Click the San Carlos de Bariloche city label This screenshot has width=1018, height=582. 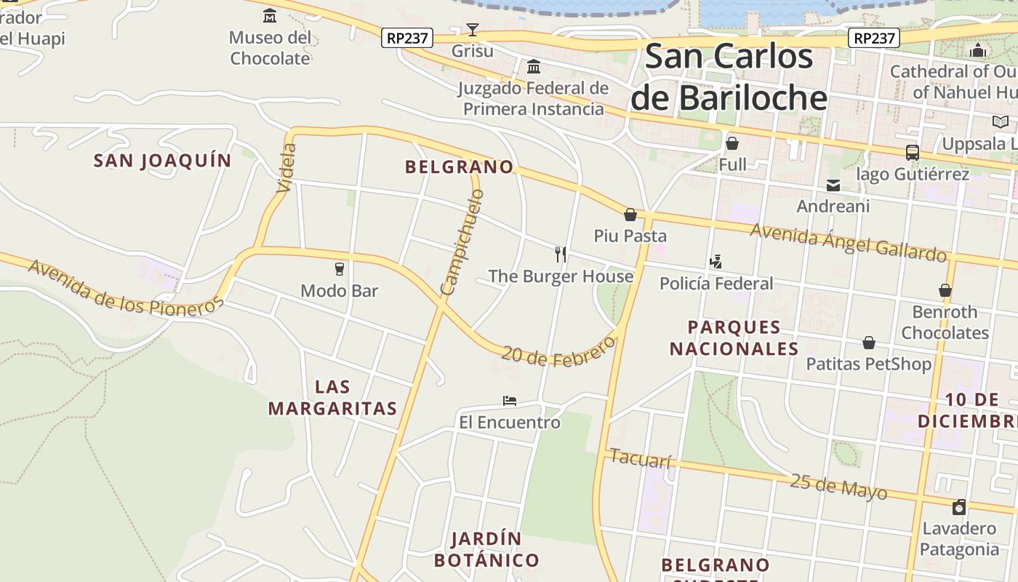pyautogui.click(x=729, y=77)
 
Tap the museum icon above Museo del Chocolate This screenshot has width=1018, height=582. pyautogui.click(x=270, y=15)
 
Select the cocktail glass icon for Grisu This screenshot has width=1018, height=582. pyautogui.click(x=473, y=30)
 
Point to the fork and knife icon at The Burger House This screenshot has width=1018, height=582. pyautogui.click(x=561, y=254)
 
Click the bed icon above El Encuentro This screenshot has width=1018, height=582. pyautogui.click(x=510, y=401)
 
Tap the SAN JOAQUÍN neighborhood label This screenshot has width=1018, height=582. pyautogui.click(x=162, y=161)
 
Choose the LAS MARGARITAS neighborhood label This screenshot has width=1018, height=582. pyautogui.click(x=333, y=397)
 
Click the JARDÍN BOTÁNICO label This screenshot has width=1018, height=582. pyautogui.click(x=486, y=550)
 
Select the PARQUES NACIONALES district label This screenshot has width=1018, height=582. pyautogui.click(x=734, y=338)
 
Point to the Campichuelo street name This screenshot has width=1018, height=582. pyautogui.click(x=462, y=242)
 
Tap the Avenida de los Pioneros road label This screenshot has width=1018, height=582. pyautogui.click(x=125, y=288)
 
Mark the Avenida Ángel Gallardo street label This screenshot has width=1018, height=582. pyautogui.click(x=849, y=242)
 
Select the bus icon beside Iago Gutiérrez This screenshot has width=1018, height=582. pyautogui.click(x=912, y=153)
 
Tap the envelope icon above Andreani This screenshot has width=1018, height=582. pyautogui.click(x=833, y=186)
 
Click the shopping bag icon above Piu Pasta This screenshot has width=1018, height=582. pyautogui.click(x=630, y=215)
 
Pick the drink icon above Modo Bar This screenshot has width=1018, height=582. pyautogui.click(x=339, y=269)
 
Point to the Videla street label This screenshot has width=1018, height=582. pyautogui.click(x=287, y=168)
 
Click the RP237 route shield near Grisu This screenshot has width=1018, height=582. pyautogui.click(x=407, y=38)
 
